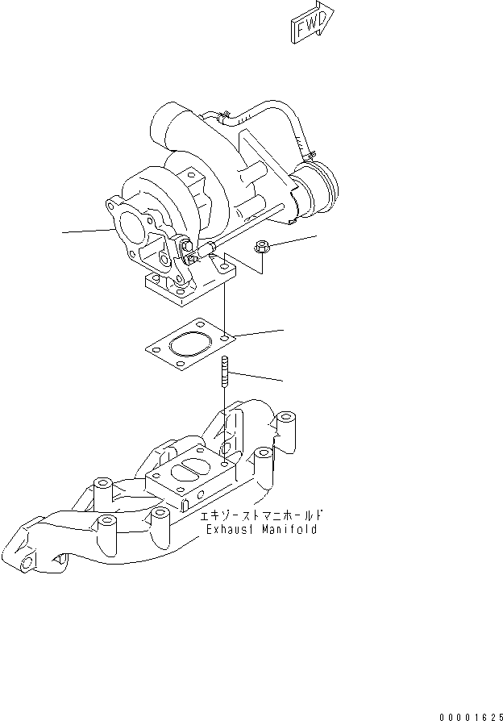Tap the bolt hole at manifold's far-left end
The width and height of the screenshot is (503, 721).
pyautogui.click(x=27, y=561)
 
